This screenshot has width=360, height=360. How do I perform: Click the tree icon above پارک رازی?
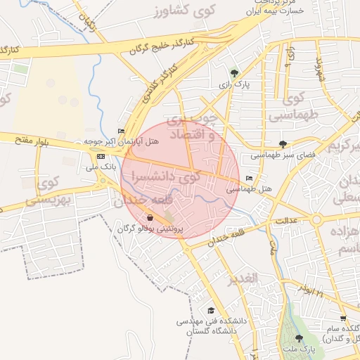click(x=234, y=72)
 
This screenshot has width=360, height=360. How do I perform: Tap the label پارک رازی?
click(x=234, y=84)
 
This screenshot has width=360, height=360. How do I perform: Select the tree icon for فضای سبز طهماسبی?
click(x=283, y=144)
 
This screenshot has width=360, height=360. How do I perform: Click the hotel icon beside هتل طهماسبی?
click(x=250, y=179)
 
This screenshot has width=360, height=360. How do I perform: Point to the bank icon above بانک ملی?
click(x=101, y=156)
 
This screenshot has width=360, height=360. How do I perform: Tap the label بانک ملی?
click(x=101, y=167)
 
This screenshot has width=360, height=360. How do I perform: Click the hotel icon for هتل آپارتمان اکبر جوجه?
click(x=121, y=131)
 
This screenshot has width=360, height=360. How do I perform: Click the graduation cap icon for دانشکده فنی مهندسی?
click(x=210, y=310)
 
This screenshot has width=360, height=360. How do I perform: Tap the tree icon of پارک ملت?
click(x=299, y=338)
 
